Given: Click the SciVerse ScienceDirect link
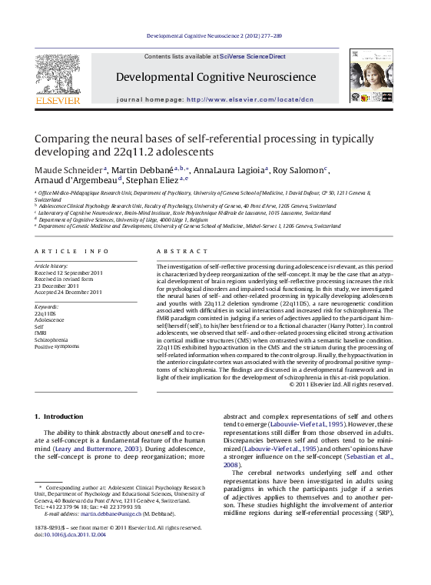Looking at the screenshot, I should (x=252, y=57).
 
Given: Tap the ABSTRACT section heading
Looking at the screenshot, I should (x=176, y=252).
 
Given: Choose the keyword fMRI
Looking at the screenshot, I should (x=41, y=333).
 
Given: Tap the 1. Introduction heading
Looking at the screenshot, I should (x=58, y=416).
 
